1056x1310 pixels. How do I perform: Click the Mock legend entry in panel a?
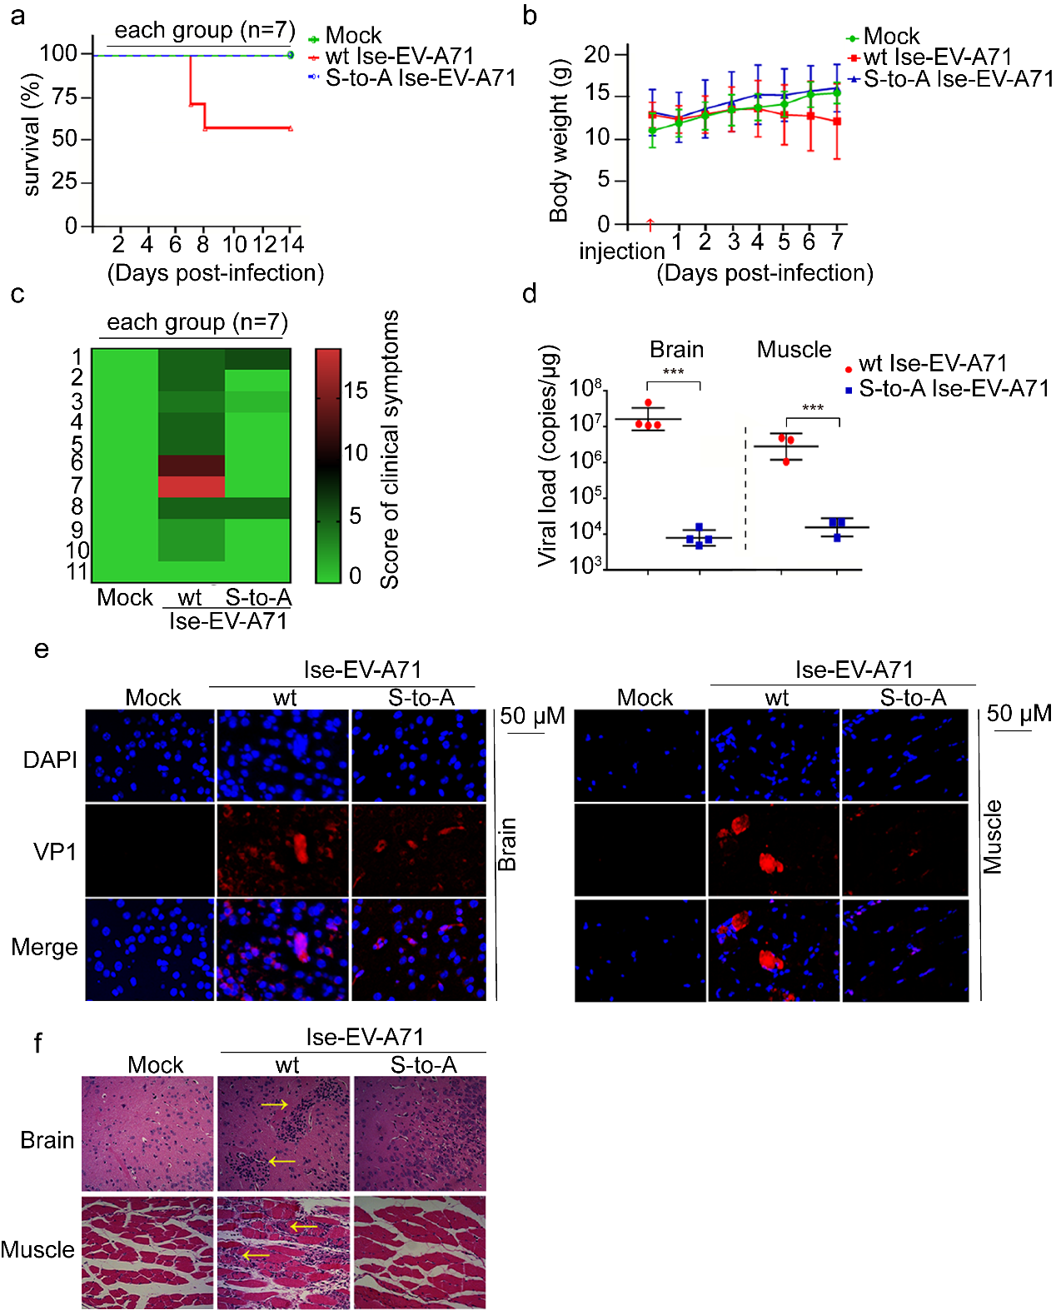click(x=352, y=36)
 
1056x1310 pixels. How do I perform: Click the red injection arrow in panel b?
click(x=650, y=224)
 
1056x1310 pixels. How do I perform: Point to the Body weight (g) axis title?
click(x=559, y=140)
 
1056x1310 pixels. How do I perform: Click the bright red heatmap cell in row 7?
click(x=192, y=486)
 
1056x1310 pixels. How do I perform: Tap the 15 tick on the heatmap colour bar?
click(x=356, y=391)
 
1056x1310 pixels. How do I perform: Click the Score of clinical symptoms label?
click(x=390, y=450)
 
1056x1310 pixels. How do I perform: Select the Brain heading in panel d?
click(x=676, y=350)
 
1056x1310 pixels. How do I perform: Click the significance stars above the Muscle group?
click(x=812, y=408)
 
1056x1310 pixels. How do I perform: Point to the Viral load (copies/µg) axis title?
click(x=547, y=456)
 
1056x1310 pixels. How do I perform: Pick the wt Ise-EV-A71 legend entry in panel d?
click(x=932, y=364)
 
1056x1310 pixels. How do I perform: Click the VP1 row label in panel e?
click(x=55, y=852)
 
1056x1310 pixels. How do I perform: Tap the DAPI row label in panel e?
click(x=50, y=760)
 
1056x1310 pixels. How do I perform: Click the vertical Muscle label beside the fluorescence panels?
click(x=992, y=837)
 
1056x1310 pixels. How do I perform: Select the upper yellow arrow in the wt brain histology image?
click(x=274, y=1104)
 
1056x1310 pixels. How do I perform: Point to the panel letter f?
click(x=37, y=1044)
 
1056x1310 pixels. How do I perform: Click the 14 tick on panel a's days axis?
click(x=291, y=244)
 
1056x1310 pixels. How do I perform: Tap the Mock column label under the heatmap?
click(x=125, y=597)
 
